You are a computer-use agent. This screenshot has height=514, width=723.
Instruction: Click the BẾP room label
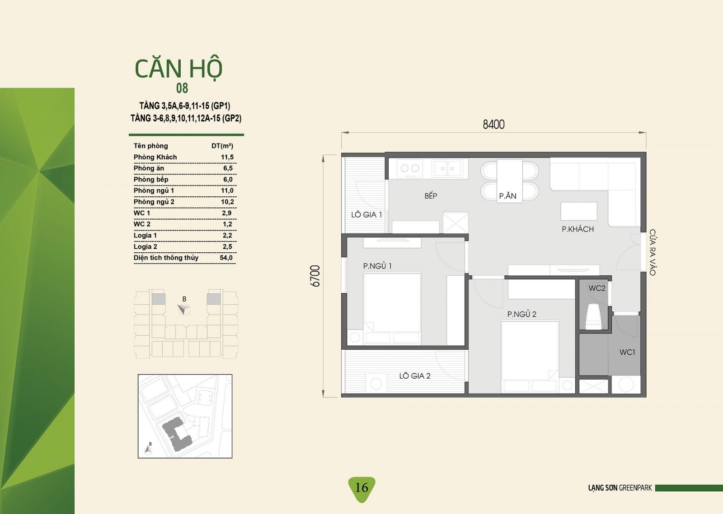[431, 195]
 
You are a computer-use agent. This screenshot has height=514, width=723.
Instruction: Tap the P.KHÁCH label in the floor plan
[578, 229]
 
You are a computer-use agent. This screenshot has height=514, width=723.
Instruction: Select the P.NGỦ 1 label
[377, 266]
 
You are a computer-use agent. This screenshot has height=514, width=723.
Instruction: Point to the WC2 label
[597, 288]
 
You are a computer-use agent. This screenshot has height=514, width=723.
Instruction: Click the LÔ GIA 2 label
[415, 376]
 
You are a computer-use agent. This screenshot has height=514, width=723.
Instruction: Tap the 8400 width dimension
[493, 125]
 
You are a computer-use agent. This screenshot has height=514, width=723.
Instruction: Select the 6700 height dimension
[315, 276]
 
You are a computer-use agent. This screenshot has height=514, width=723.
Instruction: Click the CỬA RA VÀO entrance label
[653, 252]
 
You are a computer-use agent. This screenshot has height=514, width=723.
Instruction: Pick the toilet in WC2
[593, 316]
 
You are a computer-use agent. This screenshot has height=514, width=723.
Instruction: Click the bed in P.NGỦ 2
[530, 357]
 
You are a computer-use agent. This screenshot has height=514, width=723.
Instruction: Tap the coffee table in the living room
[579, 211]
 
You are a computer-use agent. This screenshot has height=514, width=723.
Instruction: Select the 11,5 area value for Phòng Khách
[227, 157]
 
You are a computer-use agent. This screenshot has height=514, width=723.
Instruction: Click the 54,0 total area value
[226, 258]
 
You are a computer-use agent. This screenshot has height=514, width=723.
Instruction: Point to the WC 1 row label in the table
[142, 213]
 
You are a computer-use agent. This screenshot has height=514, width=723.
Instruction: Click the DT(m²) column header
[222, 146]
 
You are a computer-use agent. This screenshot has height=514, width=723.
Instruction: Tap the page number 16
[361, 487]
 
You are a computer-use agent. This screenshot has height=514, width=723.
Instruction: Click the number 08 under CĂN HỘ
[182, 88]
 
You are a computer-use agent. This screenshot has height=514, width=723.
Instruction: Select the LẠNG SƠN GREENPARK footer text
[620, 488]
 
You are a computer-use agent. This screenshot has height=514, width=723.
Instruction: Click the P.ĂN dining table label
[507, 195]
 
